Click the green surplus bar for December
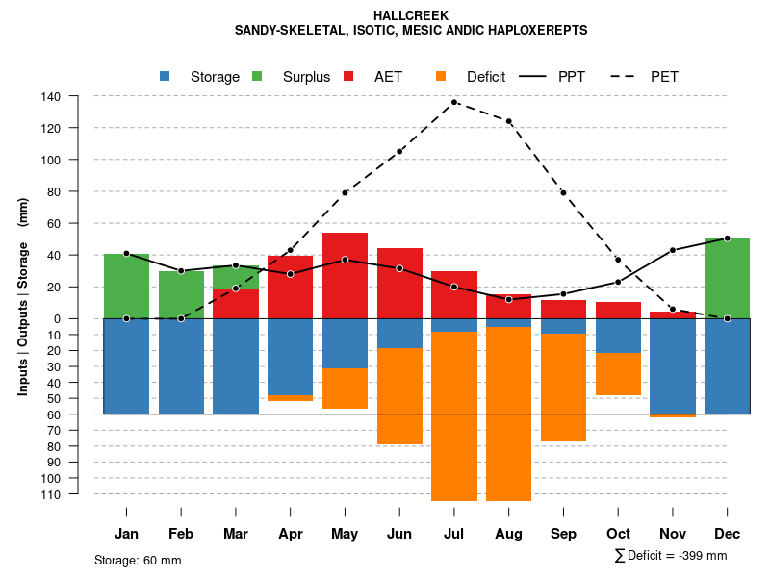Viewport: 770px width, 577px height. [727, 278]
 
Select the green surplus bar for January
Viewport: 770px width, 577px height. [126, 286]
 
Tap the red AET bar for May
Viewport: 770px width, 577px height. [345, 275]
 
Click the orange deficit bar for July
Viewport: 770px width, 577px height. [454, 415]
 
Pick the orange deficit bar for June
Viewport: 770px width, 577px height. [399, 395]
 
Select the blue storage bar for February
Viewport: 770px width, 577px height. [181, 365]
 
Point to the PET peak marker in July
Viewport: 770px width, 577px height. [454, 102]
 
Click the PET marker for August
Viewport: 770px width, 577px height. [509, 121]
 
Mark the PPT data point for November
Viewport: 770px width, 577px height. [673, 250]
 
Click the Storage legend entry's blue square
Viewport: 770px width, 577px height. [165, 77]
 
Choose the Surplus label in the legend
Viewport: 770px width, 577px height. [306, 77]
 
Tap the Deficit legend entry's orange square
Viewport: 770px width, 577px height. [441, 77]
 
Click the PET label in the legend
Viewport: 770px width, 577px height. [664, 77]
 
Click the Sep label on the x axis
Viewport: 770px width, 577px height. [564, 534]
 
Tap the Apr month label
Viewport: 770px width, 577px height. [291, 534]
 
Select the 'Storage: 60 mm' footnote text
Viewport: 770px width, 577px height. [138, 560]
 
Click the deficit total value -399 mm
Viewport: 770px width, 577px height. [702, 555]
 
